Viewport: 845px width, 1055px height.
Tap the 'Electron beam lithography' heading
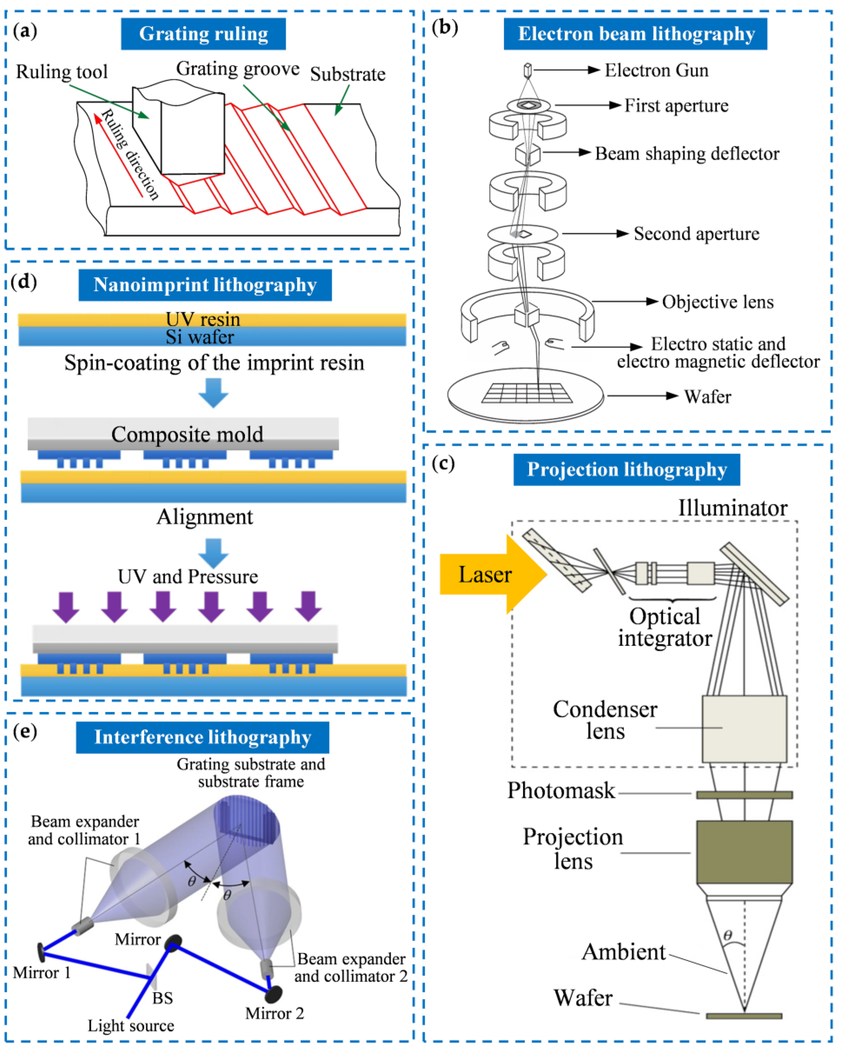636,34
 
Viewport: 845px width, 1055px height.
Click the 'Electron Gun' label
656,70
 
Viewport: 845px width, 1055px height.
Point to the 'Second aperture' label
696,234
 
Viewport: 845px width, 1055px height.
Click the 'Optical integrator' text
664,627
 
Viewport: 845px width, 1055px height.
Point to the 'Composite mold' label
187,434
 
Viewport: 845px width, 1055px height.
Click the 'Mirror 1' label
42,972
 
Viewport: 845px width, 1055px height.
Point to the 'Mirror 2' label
274,1013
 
